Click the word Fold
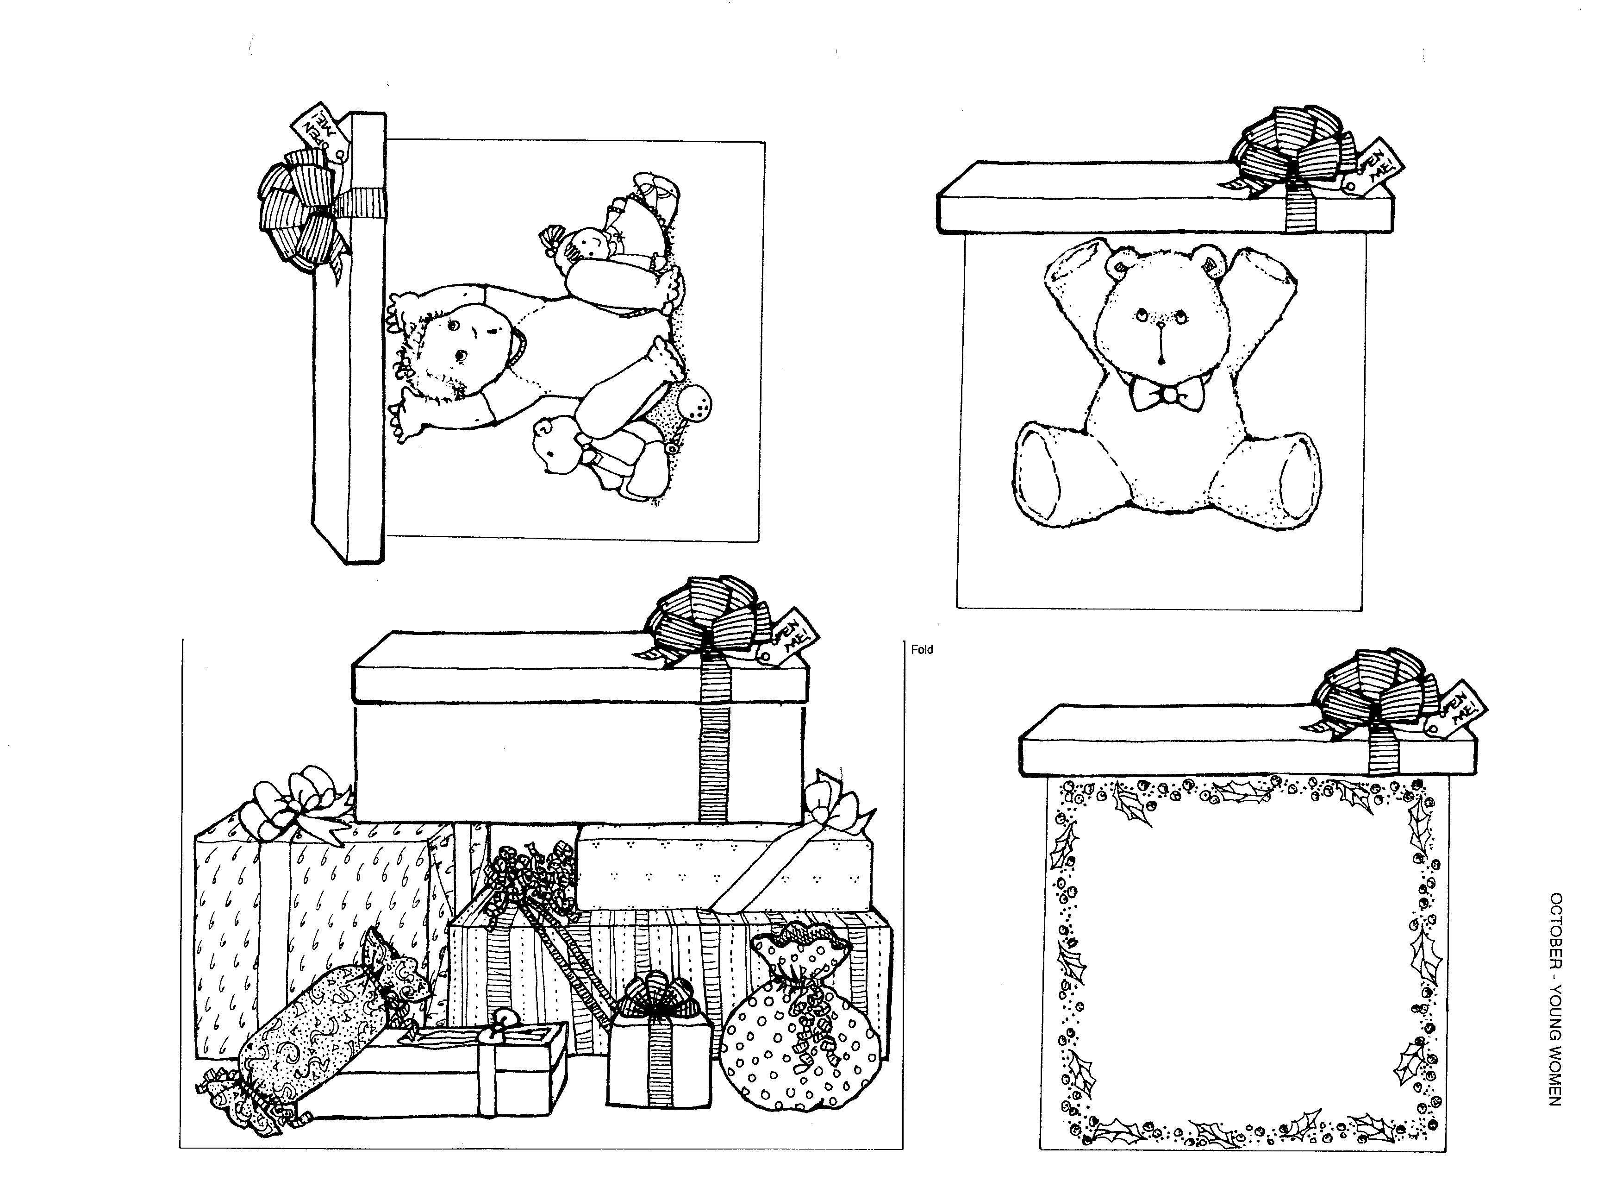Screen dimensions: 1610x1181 pos(922,650)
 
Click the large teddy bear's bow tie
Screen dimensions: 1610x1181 pos(1166,396)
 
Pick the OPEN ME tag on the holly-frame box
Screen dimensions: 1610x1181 pos(1452,709)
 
